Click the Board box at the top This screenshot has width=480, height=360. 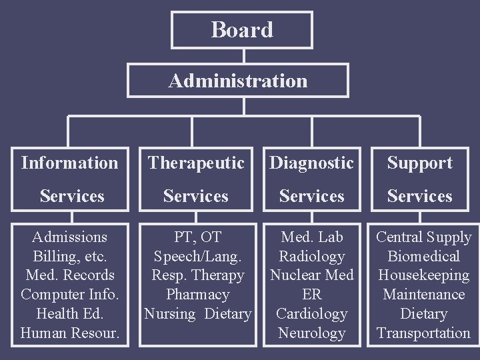[241, 30]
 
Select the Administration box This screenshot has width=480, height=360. [238, 81]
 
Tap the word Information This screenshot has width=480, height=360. [69, 163]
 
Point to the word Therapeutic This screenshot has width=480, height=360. [196, 163]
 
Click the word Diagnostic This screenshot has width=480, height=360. [312, 163]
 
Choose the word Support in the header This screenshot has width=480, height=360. [420, 163]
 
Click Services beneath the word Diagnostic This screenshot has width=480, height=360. [312, 196]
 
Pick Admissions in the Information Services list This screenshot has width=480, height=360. [69, 237]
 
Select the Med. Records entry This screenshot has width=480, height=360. [69, 275]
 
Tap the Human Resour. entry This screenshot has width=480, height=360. [69, 333]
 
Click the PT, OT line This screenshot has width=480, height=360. [197, 237]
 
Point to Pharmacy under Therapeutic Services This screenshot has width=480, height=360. [197, 295]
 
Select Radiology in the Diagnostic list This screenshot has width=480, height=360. [312, 257]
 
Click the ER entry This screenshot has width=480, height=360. [312, 295]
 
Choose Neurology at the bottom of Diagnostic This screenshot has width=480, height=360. [312, 333]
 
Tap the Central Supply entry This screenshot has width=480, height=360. [423, 237]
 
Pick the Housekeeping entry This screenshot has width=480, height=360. [423, 275]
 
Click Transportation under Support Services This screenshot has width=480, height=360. [423, 333]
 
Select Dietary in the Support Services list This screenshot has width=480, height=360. [423, 314]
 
